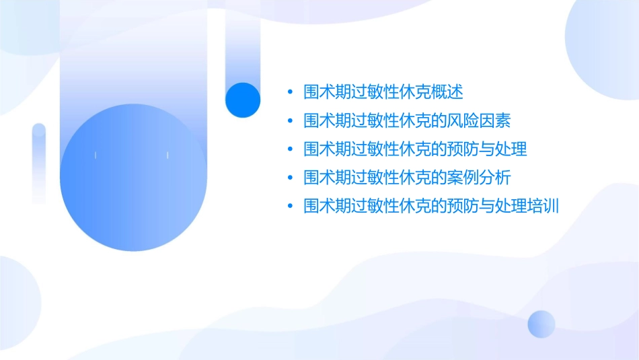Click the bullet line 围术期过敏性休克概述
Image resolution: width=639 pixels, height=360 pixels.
(383, 92)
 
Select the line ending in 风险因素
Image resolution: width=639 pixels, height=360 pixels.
(407, 120)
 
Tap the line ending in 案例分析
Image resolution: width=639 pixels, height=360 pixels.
(407, 177)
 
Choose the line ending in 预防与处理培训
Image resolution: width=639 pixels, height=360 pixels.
(431, 205)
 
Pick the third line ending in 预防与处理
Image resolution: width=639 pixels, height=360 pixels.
(415, 149)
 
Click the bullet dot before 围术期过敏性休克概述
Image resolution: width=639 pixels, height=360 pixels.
(289, 92)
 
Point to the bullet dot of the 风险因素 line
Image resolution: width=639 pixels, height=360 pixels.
(289, 121)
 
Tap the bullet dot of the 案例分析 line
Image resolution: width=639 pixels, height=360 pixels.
(289, 178)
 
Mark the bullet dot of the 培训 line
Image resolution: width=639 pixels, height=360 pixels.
(289, 206)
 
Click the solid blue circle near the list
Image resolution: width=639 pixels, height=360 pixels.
(243, 100)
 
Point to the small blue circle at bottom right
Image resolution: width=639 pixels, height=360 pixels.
(541, 324)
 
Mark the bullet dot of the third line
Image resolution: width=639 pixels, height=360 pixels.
(289, 149)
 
